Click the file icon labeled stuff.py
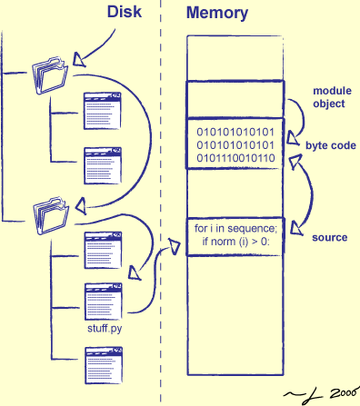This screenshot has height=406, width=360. tap(103, 299)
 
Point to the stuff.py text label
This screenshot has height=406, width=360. tap(103, 327)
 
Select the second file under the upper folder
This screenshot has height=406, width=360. tap(103, 163)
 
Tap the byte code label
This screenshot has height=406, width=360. tap(330, 145)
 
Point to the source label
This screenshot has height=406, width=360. tap(330, 237)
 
